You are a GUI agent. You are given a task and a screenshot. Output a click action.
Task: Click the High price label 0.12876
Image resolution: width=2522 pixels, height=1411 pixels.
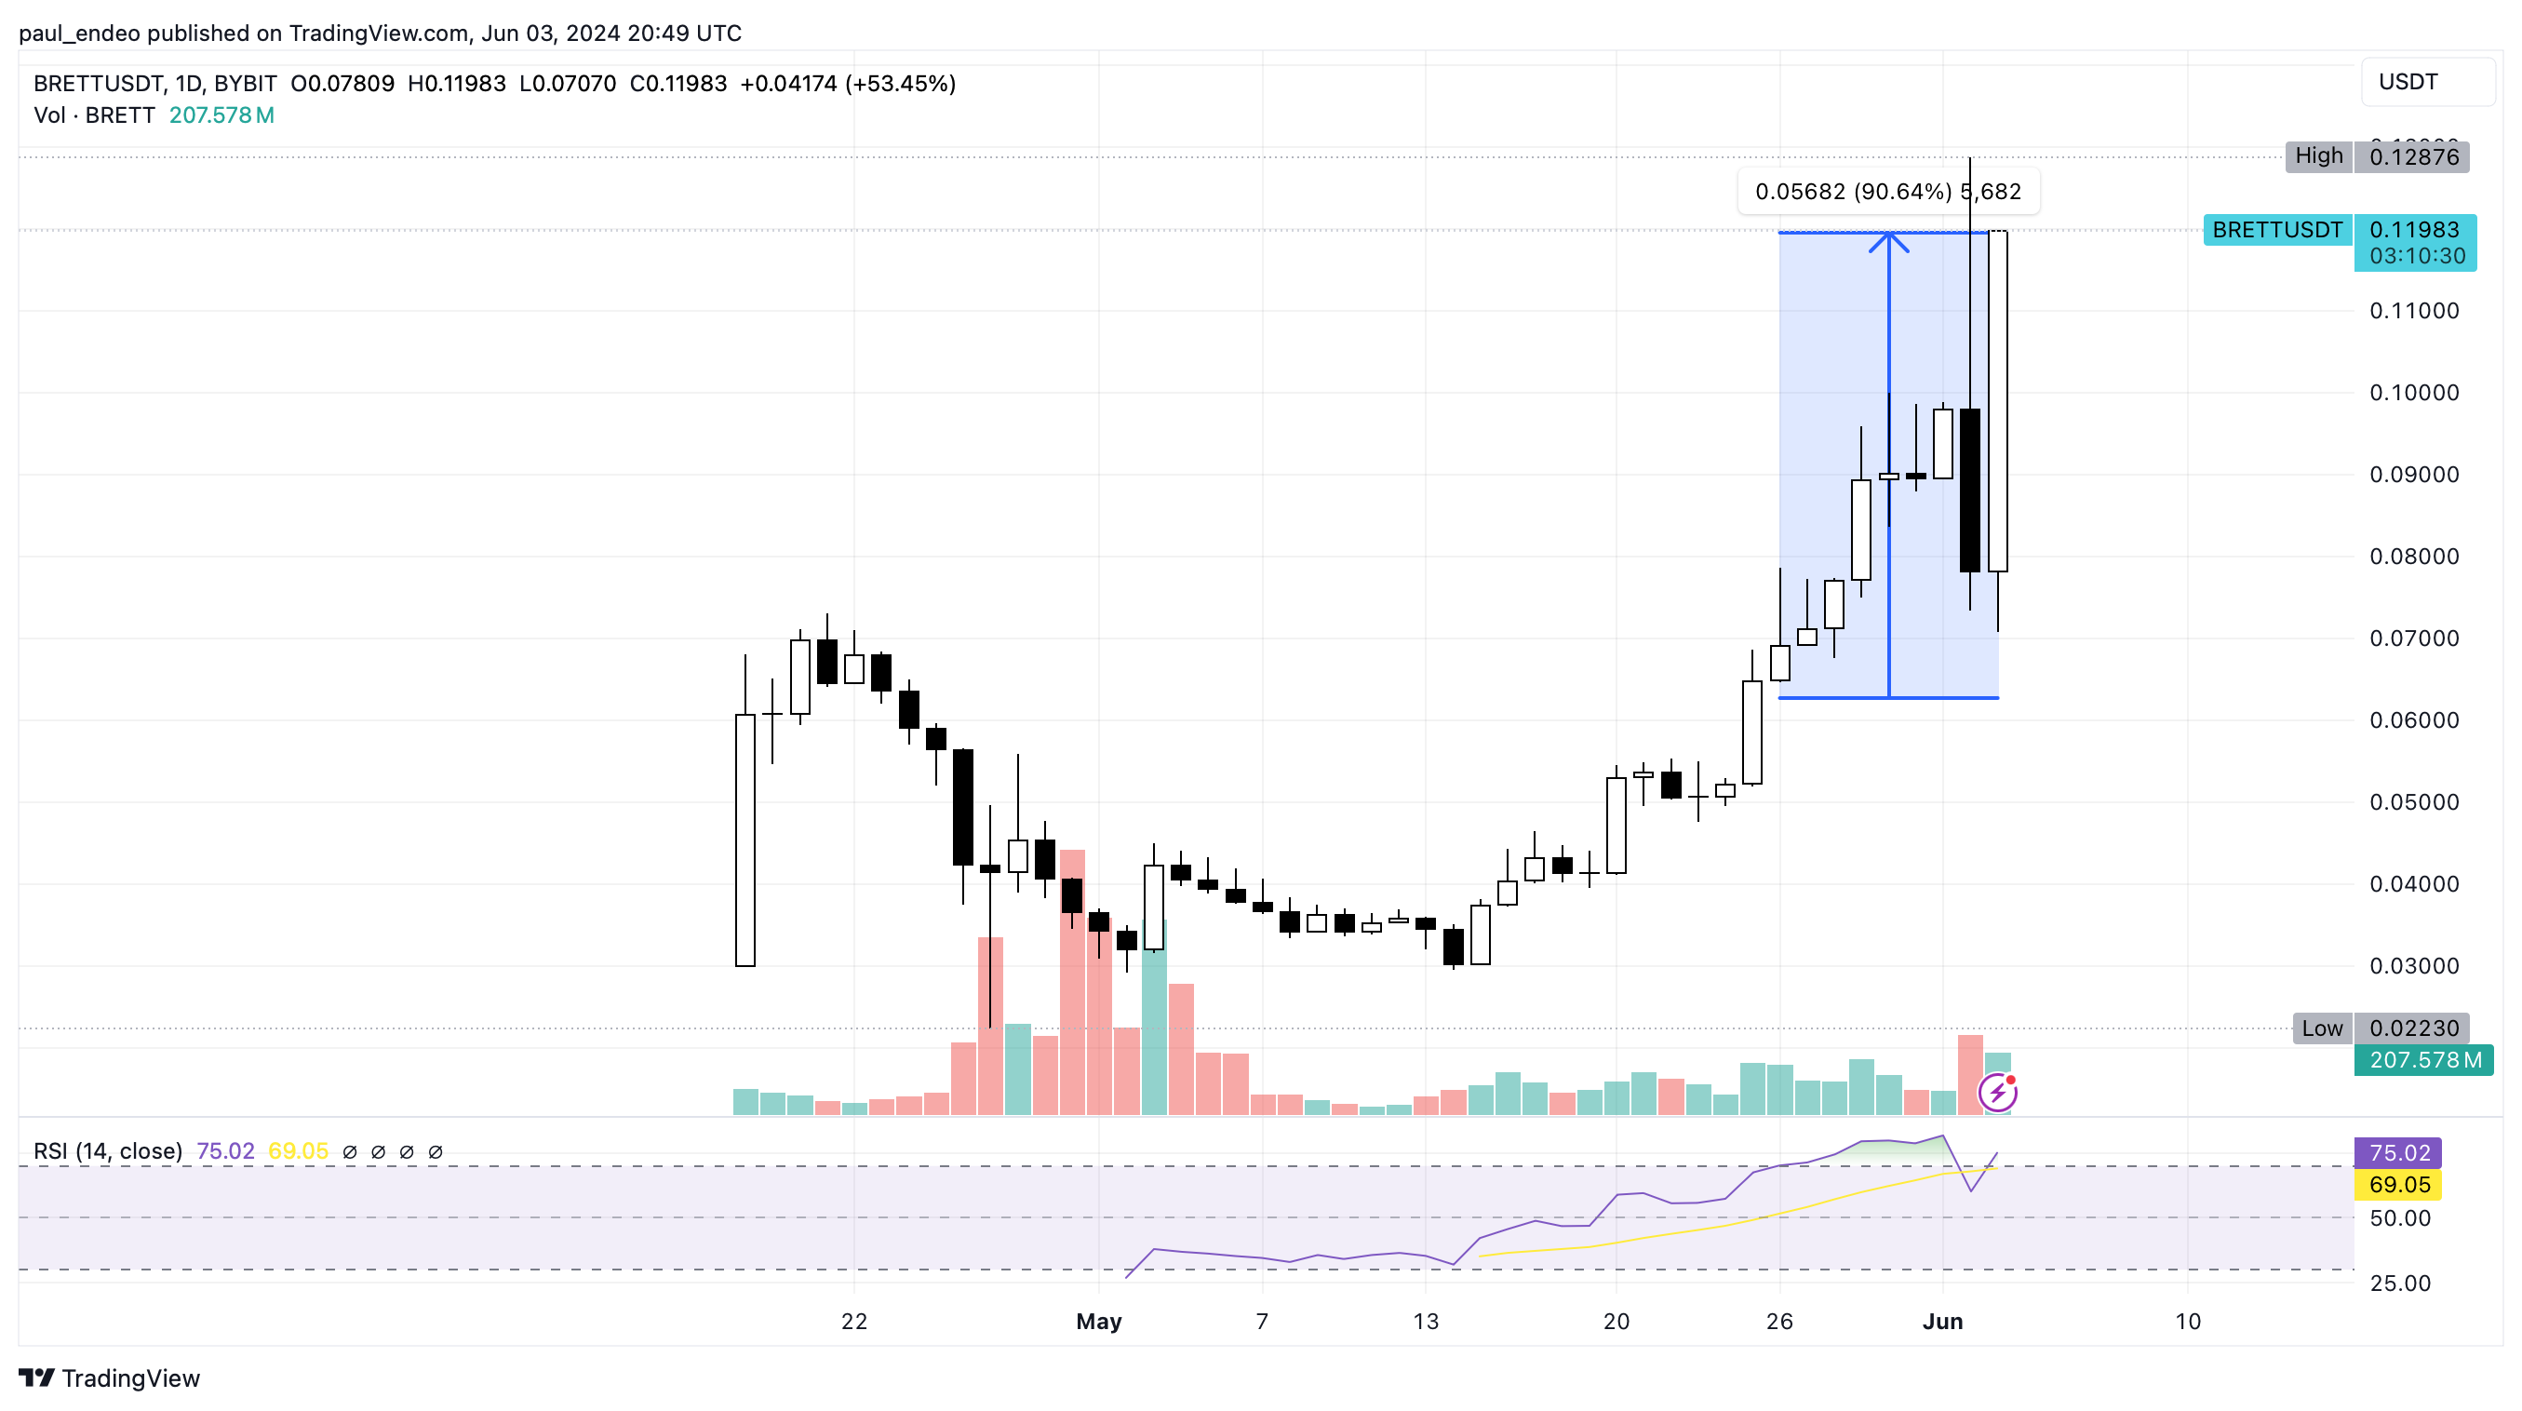tap(2412, 156)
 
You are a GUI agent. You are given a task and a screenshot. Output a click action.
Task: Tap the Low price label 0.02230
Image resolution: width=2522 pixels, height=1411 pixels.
tap(2412, 1028)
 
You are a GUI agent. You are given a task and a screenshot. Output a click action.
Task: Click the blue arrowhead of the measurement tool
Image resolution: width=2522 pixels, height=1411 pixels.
tap(1888, 241)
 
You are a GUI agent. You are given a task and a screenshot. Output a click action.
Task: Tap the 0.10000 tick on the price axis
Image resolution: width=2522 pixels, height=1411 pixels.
tap(2413, 393)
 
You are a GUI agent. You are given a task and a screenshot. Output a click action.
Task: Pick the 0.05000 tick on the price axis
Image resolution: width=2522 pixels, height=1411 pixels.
tap(2413, 802)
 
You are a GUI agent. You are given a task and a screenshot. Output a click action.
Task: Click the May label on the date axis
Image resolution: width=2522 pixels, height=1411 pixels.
tap(1098, 1322)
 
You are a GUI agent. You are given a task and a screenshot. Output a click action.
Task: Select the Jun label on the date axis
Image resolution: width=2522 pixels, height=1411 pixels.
tap(1942, 1322)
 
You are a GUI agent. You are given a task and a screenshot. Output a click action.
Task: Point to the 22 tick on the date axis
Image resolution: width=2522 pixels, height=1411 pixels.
tap(853, 1322)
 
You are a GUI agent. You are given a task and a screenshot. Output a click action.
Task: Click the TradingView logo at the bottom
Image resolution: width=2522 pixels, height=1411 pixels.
tap(110, 1378)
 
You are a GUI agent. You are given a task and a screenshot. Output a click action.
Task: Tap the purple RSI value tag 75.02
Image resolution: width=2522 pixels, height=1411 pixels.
tap(2397, 1152)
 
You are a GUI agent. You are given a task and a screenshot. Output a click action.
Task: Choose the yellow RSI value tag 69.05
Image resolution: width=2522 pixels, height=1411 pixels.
tap(2397, 1185)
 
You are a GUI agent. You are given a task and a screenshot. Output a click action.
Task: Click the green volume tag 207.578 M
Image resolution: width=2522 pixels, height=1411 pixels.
tap(2424, 1060)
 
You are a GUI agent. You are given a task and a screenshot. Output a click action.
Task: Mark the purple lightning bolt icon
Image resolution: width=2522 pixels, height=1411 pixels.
tap(1997, 1093)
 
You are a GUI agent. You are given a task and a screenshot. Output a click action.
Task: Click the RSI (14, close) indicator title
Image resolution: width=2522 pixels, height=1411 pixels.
tap(108, 1151)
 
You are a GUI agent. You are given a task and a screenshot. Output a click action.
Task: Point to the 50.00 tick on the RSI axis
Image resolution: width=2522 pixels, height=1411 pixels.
tap(2399, 1218)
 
